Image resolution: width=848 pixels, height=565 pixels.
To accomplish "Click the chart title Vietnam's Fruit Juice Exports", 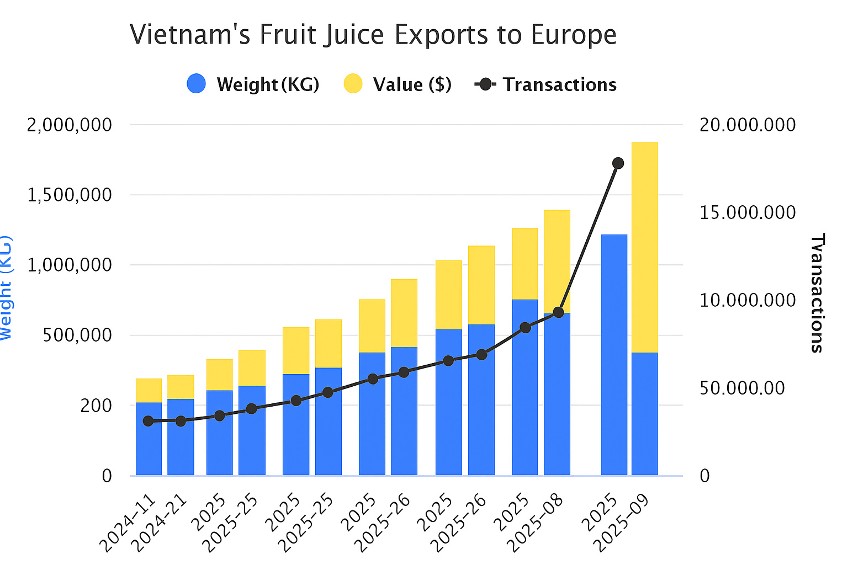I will pyautogui.click(x=373, y=35).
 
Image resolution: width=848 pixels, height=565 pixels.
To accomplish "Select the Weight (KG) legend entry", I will pyautogui.click(x=253, y=84).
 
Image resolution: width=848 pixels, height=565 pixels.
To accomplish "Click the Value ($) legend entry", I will pyautogui.click(x=397, y=84).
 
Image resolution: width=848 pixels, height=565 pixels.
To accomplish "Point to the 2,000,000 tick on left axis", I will pyautogui.click(x=69, y=125).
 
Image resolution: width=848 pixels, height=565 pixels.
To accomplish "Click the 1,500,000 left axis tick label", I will pyautogui.click(x=69, y=195).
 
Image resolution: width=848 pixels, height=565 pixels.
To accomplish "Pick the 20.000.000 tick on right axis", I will pyautogui.click(x=748, y=125).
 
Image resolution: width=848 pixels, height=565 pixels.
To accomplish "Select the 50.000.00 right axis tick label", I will pyautogui.click(x=741, y=388).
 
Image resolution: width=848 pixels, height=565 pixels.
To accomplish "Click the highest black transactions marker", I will pyautogui.click(x=618, y=163).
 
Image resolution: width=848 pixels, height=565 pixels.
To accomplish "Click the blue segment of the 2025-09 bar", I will pyautogui.click(x=644, y=414).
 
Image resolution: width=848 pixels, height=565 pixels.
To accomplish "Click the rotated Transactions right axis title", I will pyautogui.click(x=817, y=293).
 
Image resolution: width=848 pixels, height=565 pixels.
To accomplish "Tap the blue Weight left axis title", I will pyautogui.click(x=6, y=287).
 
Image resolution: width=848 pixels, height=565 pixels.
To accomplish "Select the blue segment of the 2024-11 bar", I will pyautogui.click(x=149, y=439).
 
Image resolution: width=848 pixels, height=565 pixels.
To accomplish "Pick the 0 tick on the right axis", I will pyautogui.click(x=704, y=476).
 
